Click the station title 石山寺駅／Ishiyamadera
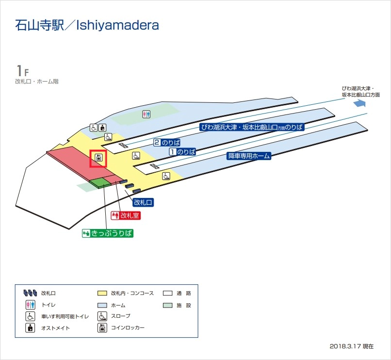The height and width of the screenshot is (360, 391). (87, 25)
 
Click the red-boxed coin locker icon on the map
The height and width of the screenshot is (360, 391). (98, 159)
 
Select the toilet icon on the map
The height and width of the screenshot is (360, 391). (147, 115)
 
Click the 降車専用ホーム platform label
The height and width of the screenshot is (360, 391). (248, 156)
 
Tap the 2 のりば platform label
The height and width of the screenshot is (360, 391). (167, 143)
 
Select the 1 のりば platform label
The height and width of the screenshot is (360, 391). (182, 152)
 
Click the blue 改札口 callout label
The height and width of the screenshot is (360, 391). (143, 202)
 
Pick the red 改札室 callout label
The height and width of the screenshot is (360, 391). (126, 215)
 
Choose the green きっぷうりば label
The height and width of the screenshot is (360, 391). (108, 233)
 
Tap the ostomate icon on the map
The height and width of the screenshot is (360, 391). (102, 128)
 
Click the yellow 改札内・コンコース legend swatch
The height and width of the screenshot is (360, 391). (102, 294)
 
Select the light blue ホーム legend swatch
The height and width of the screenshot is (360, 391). (102, 305)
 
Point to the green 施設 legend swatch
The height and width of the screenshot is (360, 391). (168, 305)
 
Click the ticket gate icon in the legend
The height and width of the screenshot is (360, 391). (30, 294)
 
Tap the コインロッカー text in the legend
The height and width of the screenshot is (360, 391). (128, 328)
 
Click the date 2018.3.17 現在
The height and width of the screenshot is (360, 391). (352, 346)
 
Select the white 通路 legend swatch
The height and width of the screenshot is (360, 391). (168, 294)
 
